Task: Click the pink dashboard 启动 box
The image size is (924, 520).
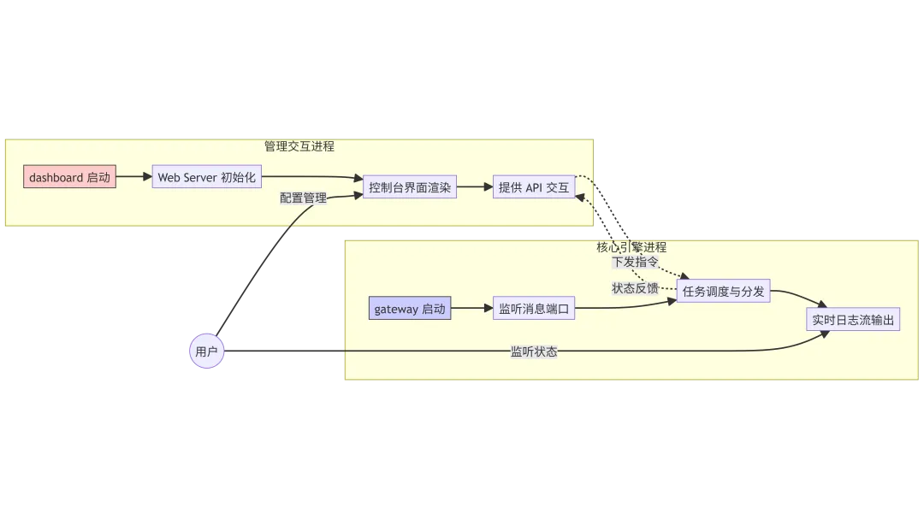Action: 69,178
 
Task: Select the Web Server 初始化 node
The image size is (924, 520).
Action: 206,178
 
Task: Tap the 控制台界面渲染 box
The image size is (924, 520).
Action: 410,187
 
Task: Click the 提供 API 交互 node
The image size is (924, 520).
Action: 534,187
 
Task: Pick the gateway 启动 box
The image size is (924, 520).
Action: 410,309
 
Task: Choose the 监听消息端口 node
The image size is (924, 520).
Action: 534,309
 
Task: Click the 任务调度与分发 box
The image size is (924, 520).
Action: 723,292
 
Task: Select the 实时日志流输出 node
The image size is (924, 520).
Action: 853,320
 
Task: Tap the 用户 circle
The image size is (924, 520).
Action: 206,352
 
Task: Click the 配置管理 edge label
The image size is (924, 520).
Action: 303,198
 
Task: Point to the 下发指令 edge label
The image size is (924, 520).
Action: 636,261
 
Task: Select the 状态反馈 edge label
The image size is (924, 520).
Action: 635,288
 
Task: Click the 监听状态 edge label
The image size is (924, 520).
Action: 534,352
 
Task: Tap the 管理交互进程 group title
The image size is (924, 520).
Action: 299,146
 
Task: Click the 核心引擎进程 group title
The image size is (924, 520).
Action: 631,247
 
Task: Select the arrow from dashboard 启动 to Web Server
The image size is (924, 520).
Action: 133,178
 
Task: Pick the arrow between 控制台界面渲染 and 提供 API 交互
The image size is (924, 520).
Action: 475,187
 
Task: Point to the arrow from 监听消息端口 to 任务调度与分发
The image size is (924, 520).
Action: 625,307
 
